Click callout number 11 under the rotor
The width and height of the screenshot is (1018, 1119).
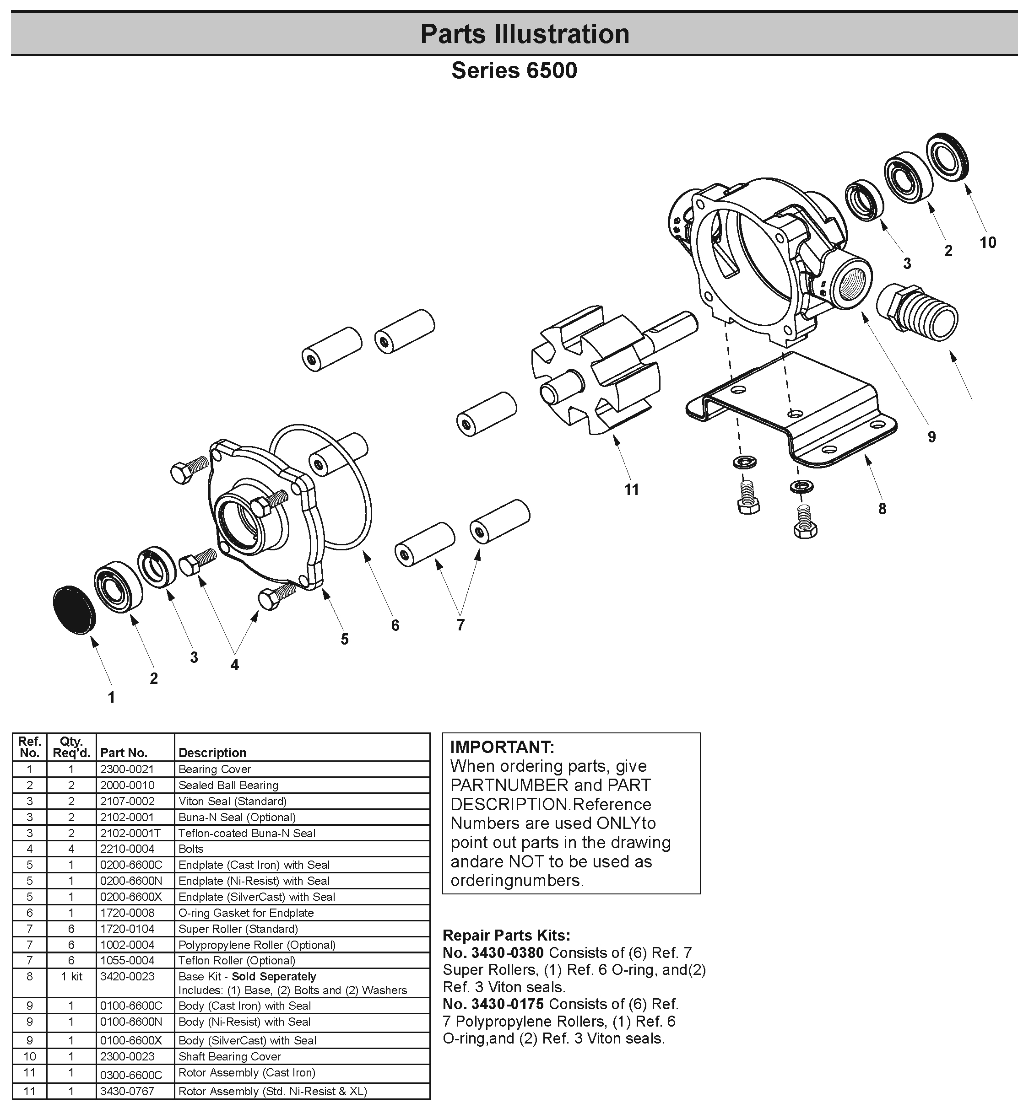tap(631, 490)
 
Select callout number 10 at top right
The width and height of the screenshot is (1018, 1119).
tap(987, 242)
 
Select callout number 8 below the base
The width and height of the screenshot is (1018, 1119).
tap(882, 508)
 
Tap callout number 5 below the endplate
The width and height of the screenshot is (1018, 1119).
tap(344, 640)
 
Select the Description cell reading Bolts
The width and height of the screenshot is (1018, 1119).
tap(191, 849)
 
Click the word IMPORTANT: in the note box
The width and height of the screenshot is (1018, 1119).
tap(502, 747)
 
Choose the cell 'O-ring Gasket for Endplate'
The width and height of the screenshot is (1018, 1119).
tap(246, 913)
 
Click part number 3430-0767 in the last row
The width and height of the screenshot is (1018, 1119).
tap(127, 1091)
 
